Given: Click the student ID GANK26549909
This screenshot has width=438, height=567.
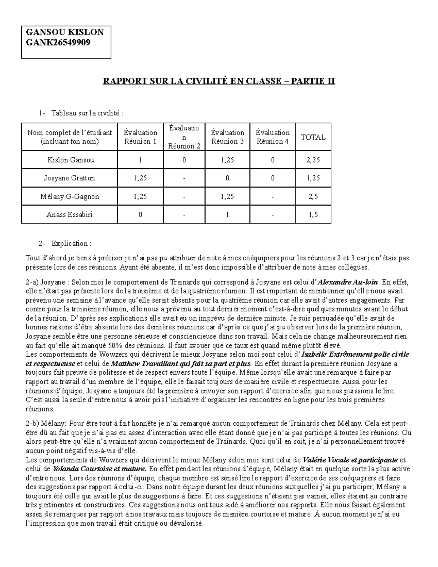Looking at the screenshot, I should [58, 43].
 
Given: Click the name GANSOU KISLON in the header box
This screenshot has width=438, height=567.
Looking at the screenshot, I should [65, 32].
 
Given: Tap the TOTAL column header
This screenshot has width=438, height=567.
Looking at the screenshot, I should [313, 137].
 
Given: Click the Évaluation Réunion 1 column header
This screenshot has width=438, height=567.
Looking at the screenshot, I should [140, 137].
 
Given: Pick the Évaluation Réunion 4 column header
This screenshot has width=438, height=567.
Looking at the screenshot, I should [272, 137].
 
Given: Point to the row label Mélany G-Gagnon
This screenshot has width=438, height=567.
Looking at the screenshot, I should [70, 196].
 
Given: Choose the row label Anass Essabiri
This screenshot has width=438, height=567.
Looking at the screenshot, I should [69, 215].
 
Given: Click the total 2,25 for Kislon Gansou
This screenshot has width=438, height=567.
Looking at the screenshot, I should [313, 160].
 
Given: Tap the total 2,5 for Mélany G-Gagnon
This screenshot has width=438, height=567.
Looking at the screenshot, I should [313, 196].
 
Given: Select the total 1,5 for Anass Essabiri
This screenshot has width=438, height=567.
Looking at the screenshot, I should [313, 215].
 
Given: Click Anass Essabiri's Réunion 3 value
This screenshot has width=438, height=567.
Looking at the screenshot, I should [227, 215].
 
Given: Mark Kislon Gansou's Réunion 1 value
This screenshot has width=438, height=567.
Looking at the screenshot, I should [140, 160].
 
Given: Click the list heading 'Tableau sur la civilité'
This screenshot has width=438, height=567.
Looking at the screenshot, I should [87, 113].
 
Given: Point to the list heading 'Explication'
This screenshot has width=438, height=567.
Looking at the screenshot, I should [71, 244].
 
